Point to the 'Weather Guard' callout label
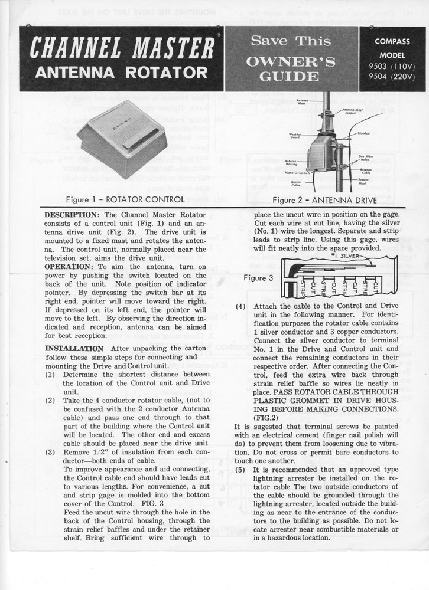coord(296,136)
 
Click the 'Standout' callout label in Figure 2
coord(364,133)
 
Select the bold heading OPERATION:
coord(67,267)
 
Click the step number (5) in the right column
coord(240,470)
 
